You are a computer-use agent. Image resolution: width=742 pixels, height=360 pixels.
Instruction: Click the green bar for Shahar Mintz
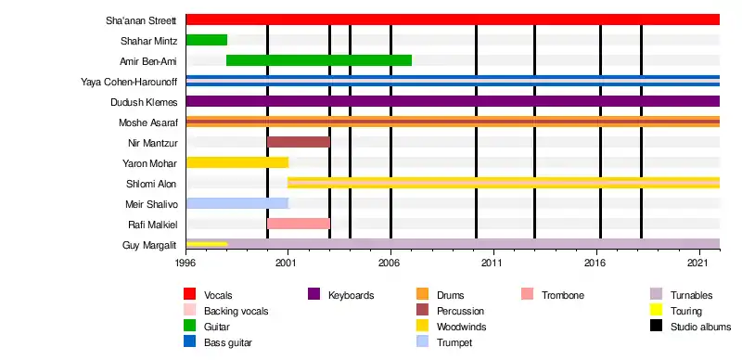click(207, 40)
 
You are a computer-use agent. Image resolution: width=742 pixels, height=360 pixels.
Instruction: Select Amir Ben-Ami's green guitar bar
click(319, 60)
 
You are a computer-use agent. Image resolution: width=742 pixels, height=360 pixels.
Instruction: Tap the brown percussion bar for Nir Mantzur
click(299, 142)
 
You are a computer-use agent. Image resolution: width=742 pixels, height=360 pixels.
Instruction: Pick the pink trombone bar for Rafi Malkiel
click(299, 224)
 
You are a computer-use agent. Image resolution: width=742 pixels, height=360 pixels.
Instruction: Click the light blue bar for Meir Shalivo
click(237, 203)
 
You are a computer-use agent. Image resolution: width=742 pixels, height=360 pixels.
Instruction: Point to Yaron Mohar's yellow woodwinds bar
click(237, 162)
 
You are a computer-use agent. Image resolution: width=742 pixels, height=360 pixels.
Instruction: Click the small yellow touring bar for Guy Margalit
click(207, 244)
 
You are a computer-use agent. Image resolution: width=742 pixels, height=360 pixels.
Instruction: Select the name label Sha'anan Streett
click(141, 20)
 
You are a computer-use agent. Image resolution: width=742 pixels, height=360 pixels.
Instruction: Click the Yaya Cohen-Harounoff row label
click(129, 82)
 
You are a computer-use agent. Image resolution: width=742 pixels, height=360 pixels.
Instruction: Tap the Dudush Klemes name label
click(144, 102)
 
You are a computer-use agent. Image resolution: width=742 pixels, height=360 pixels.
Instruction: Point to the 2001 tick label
click(288, 262)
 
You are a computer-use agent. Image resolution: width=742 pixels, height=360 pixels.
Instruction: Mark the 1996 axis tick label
click(186, 262)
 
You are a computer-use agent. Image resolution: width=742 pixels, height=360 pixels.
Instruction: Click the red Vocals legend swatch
click(190, 294)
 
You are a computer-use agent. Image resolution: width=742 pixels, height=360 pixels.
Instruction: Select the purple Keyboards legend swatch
click(313, 294)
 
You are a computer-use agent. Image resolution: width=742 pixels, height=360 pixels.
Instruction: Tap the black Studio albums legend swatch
click(657, 326)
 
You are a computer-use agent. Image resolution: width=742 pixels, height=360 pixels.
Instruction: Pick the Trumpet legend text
click(454, 342)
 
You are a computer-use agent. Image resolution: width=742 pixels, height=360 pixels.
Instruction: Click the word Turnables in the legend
click(691, 295)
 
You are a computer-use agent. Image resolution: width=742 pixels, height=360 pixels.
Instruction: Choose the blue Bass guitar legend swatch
click(190, 341)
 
